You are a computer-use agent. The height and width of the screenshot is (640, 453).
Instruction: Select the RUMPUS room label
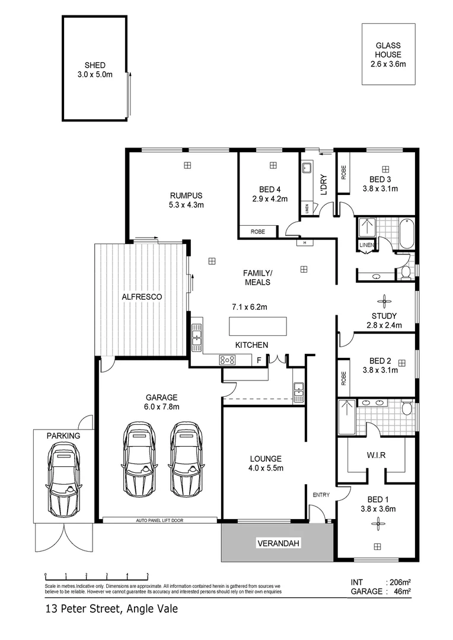(x=186, y=196)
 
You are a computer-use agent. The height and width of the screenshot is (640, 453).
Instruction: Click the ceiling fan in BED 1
(x=376, y=522)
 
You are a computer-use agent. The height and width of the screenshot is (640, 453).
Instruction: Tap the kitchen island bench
(x=258, y=327)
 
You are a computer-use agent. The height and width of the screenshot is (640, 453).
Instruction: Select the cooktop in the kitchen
(x=227, y=359)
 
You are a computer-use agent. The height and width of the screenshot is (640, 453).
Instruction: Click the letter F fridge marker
(x=258, y=360)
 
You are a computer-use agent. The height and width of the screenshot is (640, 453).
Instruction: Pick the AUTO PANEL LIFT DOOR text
(x=159, y=520)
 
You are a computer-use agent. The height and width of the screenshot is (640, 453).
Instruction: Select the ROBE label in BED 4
(x=257, y=232)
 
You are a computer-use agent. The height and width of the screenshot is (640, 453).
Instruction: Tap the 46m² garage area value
(x=402, y=591)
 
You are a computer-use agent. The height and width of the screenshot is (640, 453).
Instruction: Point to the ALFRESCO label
(x=142, y=296)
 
